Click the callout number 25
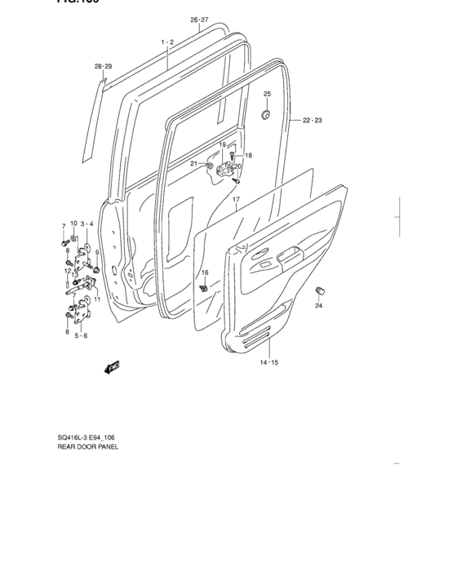(267, 95)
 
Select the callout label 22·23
(313, 121)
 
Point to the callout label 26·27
(200, 20)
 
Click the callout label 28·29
(103, 66)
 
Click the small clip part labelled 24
(320, 290)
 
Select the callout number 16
(205, 272)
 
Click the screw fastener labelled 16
(204, 287)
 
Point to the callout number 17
(235, 200)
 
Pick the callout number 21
(194, 164)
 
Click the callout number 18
(248, 155)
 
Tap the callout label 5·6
(82, 335)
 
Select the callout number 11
(96, 299)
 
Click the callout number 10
(73, 224)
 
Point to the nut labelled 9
(97, 269)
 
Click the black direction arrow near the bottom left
(112, 368)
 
